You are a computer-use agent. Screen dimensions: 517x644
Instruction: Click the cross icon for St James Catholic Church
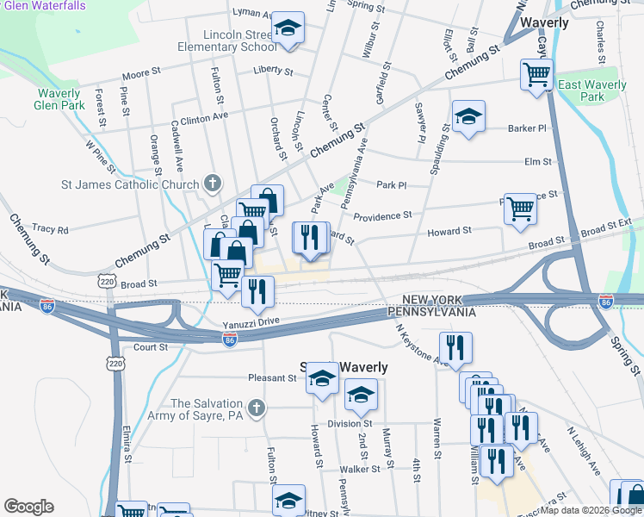(x=213, y=184)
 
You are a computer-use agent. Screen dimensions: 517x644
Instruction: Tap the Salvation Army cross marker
(x=255, y=408)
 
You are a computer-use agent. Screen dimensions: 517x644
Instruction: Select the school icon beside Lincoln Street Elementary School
(x=288, y=28)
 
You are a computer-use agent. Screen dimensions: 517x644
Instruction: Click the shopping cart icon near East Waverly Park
(x=536, y=76)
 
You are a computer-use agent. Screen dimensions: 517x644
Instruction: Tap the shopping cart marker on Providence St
(x=520, y=209)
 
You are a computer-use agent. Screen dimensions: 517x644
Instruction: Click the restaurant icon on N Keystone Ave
(x=455, y=348)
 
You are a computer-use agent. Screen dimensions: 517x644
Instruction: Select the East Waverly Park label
(x=592, y=91)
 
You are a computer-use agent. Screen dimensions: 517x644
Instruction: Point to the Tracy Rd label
(x=50, y=229)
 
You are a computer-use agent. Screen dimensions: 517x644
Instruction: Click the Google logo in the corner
(x=28, y=507)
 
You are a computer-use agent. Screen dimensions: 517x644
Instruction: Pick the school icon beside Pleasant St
(x=322, y=380)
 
